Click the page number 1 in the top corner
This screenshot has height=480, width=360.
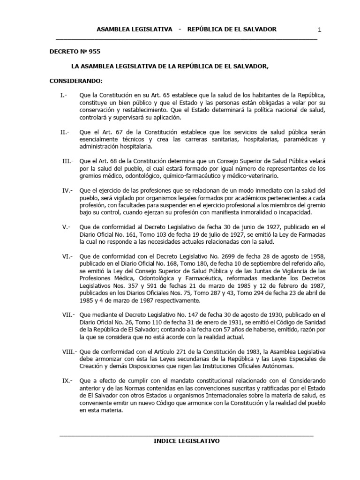(319, 30)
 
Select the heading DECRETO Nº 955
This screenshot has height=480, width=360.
(75, 52)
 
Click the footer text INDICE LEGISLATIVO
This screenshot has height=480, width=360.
(187, 441)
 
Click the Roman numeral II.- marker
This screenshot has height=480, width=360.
(65, 132)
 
